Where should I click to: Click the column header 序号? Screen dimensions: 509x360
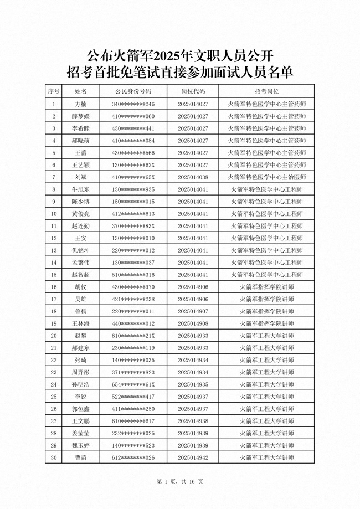click(x=54, y=91)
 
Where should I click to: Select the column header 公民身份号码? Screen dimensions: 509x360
click(x=133, y=91)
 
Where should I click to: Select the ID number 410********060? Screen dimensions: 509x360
click(x=133, y=116)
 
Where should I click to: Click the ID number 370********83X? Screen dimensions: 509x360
click(x=133, y=226)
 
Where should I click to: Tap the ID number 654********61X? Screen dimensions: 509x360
click(x=133, y=384)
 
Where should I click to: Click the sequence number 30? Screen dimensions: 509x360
click(x=54, y=457)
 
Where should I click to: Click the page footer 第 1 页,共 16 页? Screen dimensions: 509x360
click(x=180, y=482)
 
